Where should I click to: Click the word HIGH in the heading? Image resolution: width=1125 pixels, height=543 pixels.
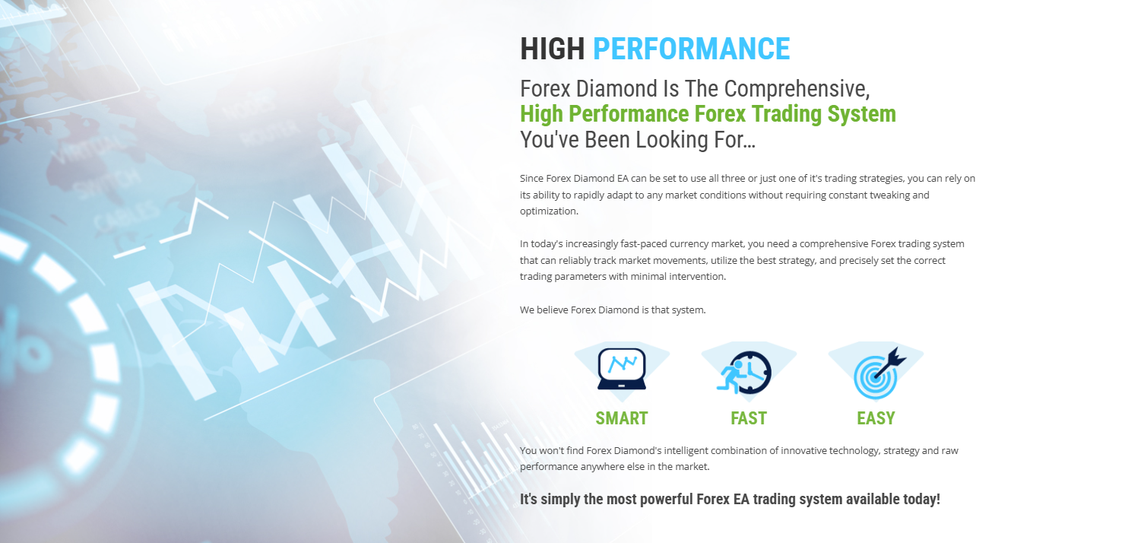point(552,49)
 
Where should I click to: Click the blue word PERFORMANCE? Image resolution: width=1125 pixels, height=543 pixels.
point(691,49)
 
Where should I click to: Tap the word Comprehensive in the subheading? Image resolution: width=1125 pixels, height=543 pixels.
point(797,89)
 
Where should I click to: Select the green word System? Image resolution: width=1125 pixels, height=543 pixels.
point(862,114)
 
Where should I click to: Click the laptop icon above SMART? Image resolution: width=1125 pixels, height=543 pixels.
point(622,369)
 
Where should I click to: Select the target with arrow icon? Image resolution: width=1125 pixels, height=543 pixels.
point(879,373)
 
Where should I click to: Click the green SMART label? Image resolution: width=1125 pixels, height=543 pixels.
point(622,418)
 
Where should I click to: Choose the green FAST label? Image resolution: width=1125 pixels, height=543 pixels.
point(749,418)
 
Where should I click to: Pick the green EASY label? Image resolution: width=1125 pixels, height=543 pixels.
point(876,418)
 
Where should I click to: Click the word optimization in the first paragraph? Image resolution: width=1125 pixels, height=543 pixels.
point(549,211)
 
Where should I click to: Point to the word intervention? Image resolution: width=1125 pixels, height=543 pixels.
point(698,277)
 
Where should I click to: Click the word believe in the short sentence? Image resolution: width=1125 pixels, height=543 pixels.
point(553,310)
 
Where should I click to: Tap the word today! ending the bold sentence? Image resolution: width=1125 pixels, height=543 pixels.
point(921,500)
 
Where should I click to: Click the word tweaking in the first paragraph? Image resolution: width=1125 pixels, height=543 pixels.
point(888,195)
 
